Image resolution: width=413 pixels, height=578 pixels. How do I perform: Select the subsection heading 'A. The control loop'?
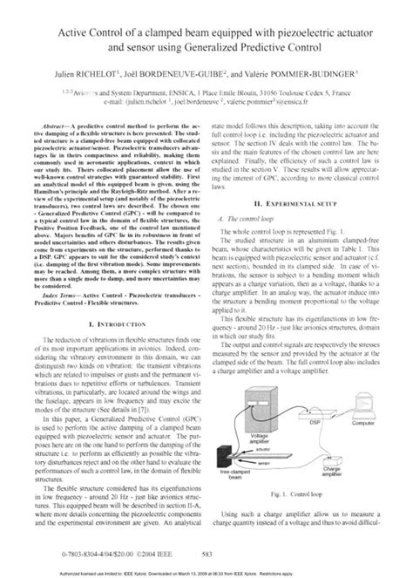pos(244,195)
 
